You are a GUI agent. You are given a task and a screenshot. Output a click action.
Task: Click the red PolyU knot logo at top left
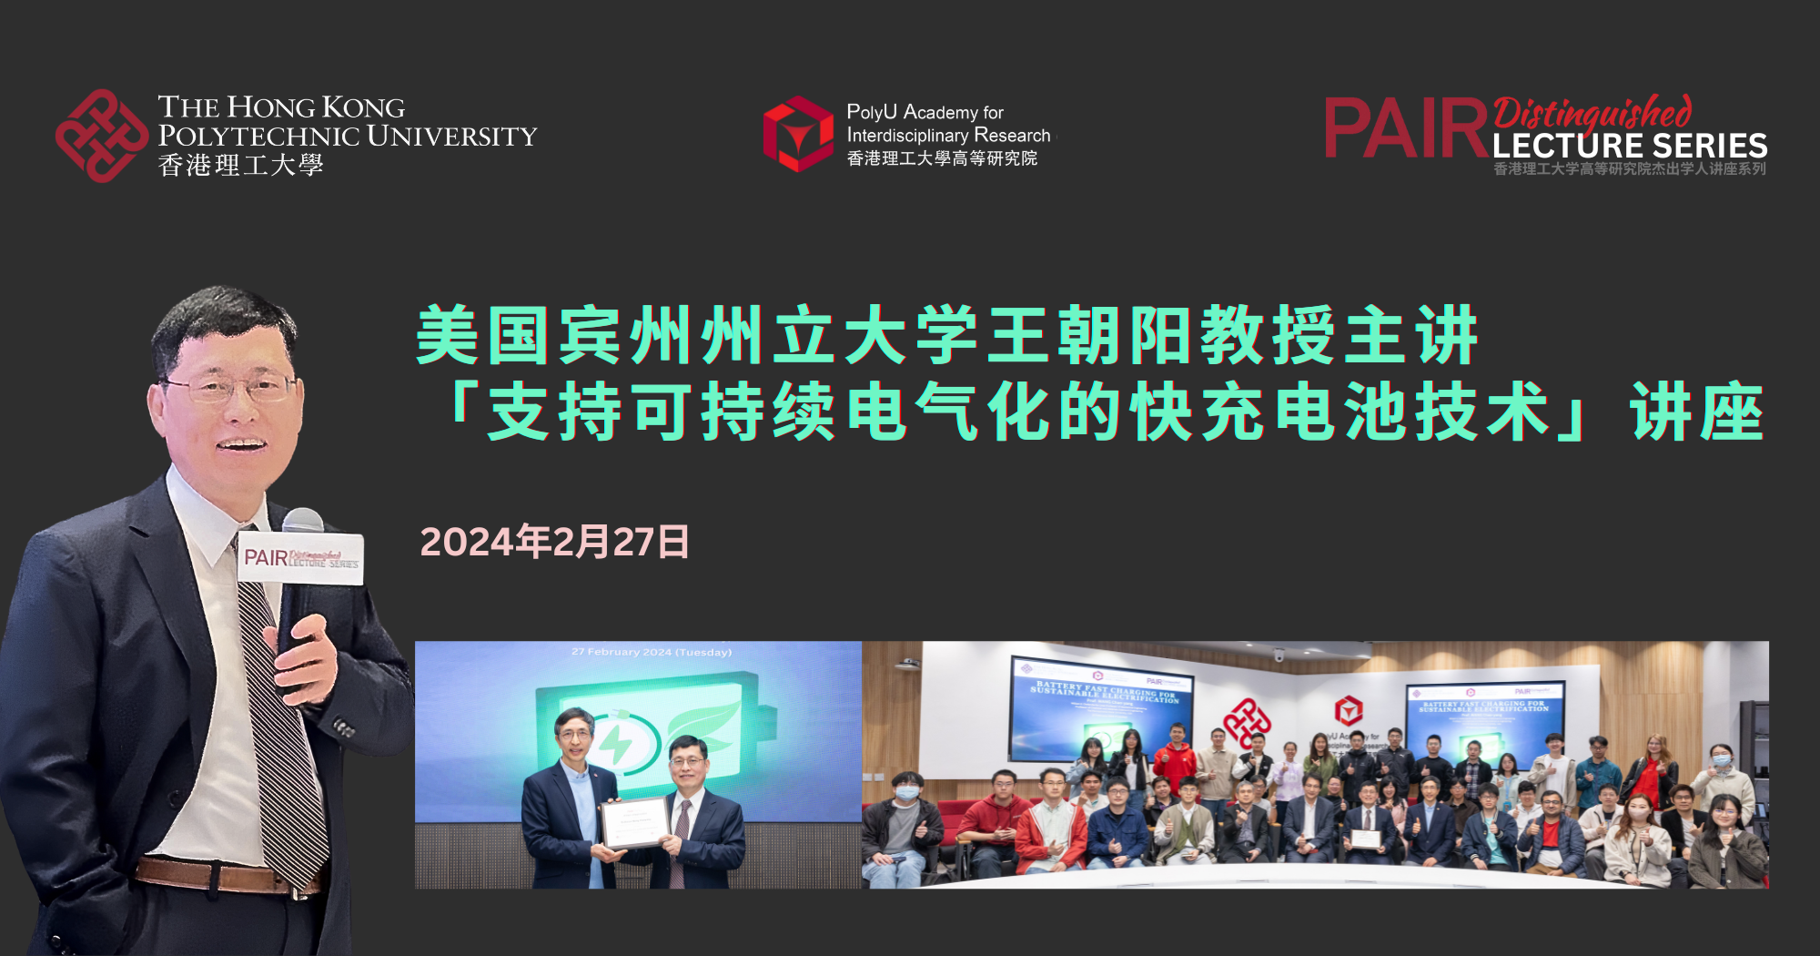tap(101, 136)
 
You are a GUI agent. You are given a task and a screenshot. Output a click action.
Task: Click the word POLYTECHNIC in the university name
tap(258, 137)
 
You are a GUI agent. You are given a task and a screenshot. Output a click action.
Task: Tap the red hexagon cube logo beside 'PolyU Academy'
tap(798, 134)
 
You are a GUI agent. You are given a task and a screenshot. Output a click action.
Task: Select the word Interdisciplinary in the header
tap(906, 136)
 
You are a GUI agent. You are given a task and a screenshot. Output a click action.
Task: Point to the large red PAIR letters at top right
tap(1405, 128)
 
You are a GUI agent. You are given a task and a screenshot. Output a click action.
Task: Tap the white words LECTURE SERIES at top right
tap(1629, 146)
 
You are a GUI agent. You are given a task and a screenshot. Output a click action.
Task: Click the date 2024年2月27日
tap(554, 542)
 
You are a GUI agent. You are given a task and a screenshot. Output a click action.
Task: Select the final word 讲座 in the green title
tap(1697, 412)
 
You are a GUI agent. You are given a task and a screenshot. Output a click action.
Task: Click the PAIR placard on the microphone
tap(301, 557)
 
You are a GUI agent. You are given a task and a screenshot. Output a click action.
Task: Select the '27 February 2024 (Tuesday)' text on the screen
tap(652, 652)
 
